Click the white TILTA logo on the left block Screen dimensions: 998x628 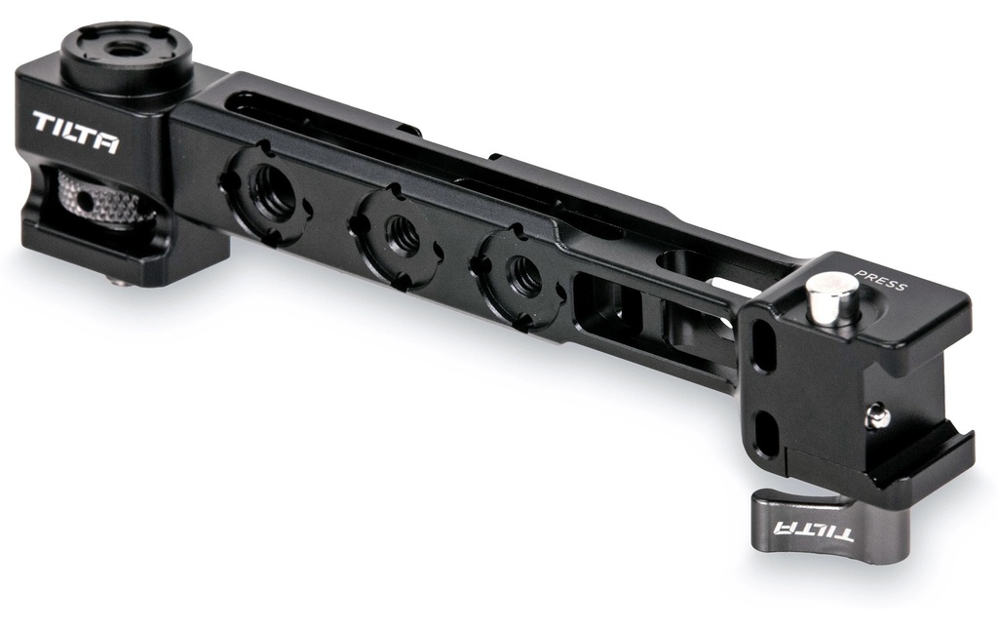[x=75, y=132]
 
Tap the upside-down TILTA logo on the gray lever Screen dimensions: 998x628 [x=813, y=529]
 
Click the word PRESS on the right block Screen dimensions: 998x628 [x=880, y=280]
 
